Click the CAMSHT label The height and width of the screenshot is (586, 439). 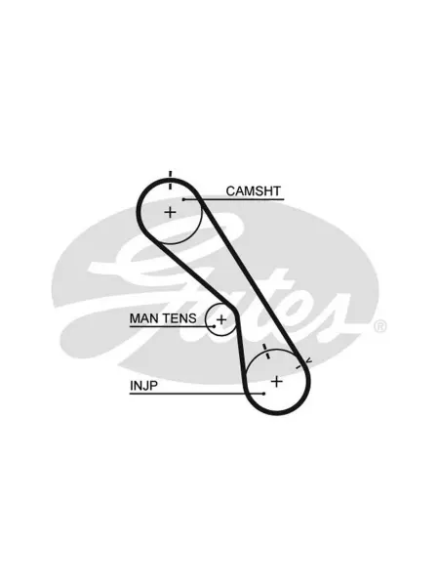pos(253,191)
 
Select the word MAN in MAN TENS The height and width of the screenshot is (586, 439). pos(143,318)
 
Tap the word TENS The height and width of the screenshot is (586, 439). pos(180,318)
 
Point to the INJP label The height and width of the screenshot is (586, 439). pos(143,386)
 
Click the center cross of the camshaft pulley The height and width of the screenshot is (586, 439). pos(170,212)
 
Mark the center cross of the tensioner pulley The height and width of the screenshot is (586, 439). pos(221,319)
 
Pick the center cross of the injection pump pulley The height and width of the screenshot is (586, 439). pos(277,382)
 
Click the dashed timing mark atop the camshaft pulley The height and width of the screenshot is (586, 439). pos(170,180)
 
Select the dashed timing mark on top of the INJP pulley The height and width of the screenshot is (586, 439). pos(265,352)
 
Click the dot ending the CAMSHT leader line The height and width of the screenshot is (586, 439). pos(183,199)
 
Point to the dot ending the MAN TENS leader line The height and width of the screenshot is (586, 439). pos(214,326)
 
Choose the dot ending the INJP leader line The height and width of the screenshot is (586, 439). pos(264,394)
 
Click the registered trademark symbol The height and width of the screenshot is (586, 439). pos(379,326)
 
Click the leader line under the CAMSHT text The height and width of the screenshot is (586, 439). pos(234,199)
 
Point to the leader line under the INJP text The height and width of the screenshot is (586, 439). pos(197,394)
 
